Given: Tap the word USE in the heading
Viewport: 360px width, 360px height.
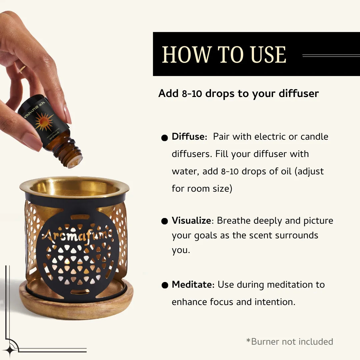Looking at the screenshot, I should [x=268, y=55].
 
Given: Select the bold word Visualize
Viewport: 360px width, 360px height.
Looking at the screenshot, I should [x=191, y=221].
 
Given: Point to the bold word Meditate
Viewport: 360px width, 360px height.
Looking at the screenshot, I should [x=192, y=285].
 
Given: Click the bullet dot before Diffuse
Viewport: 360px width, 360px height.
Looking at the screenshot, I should [x=164, y=138].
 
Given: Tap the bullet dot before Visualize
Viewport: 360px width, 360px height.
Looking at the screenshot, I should [x=164, y=222].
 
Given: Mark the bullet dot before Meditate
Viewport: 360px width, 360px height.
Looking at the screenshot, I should [x=164, y=285].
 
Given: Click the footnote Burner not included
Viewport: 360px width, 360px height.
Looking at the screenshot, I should [x=290, y=342].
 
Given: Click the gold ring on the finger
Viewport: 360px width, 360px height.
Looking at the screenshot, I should [x=22, y=69].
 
